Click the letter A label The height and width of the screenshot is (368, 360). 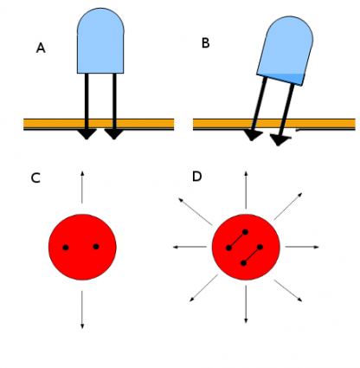(41, 48)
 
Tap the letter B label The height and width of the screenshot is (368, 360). (205, 42)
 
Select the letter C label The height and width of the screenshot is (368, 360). (35, 178)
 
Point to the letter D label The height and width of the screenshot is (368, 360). (197, 177)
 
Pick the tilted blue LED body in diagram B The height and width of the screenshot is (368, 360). (285, 51)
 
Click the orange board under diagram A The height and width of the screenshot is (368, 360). (52, 123)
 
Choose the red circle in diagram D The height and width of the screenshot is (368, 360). (247, 247)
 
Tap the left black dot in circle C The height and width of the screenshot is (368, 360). (66, 248)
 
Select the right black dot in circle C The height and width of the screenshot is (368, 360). (96, 247)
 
